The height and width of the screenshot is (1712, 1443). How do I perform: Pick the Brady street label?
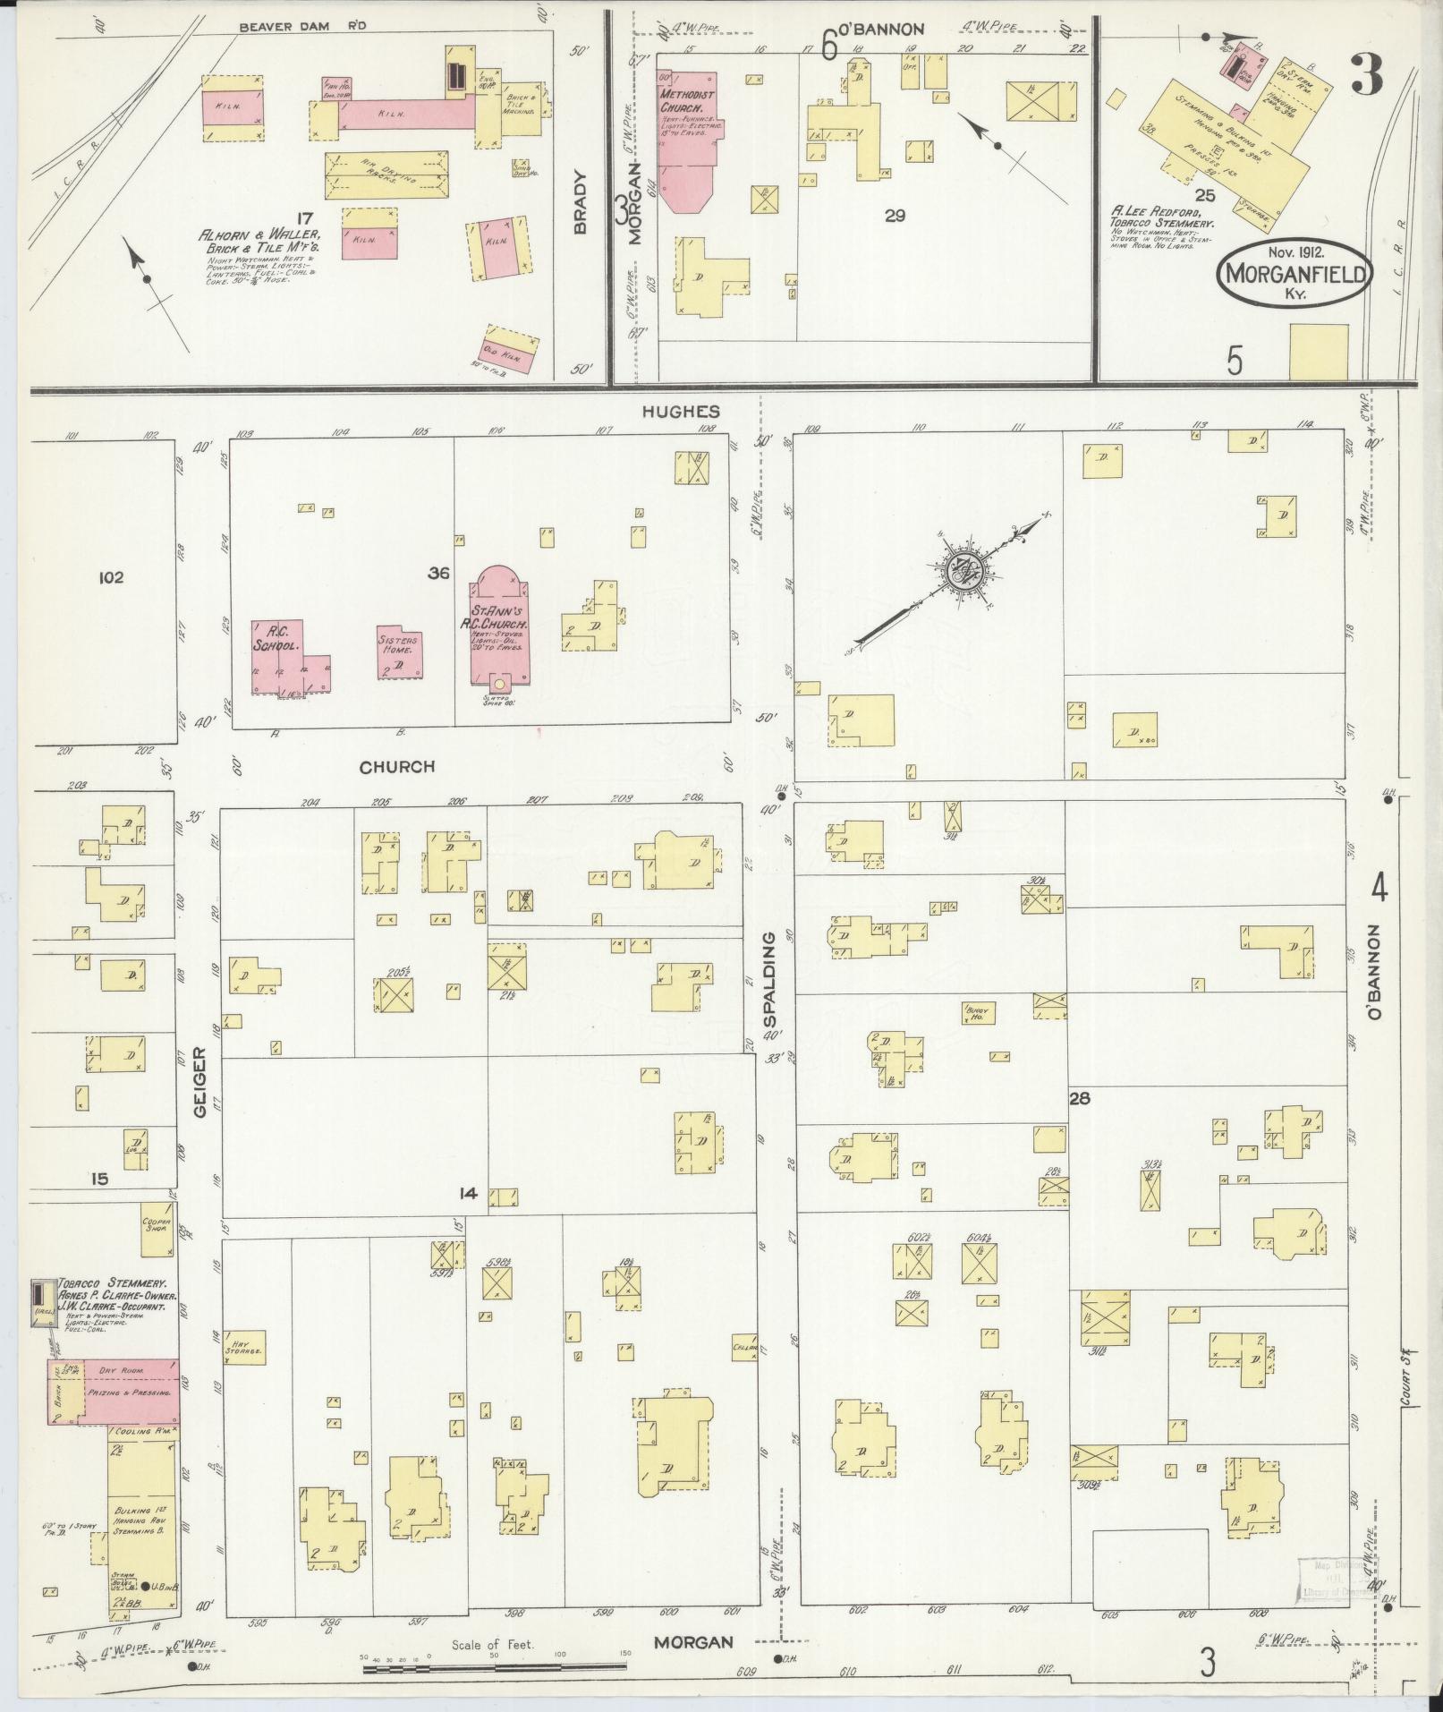580,203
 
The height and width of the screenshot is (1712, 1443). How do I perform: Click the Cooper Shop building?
157,1224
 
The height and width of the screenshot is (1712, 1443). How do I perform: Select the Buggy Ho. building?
978,1012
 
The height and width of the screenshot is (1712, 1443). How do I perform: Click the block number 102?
111,577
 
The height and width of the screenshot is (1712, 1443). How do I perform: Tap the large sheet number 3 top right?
1365,75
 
